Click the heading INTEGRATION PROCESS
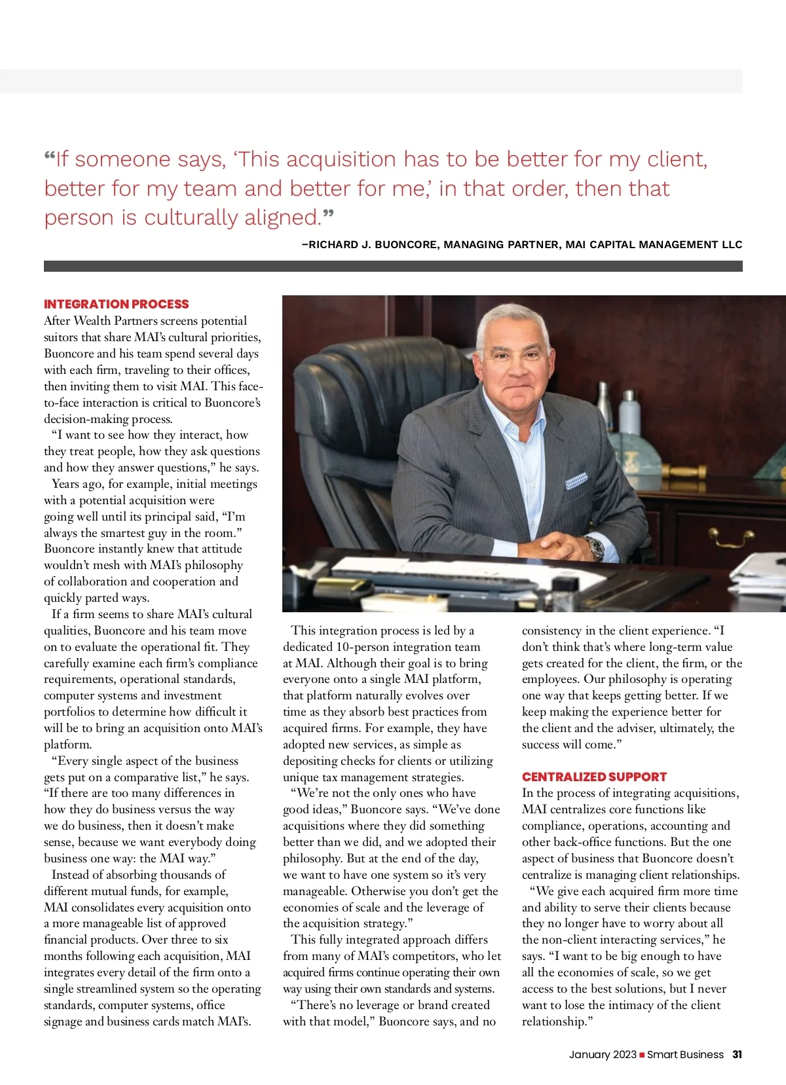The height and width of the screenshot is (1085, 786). point(116,304)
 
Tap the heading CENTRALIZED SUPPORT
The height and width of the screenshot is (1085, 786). point(594,777)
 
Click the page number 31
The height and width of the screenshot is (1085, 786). point(737,1054)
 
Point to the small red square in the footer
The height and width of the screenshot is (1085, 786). point(642,1055)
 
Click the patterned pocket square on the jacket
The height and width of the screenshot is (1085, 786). point(576,481)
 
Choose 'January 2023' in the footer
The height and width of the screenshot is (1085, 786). point(603,1054)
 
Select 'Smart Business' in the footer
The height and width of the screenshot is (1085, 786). point(685,1054)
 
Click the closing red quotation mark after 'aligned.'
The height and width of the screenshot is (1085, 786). point(328,213)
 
